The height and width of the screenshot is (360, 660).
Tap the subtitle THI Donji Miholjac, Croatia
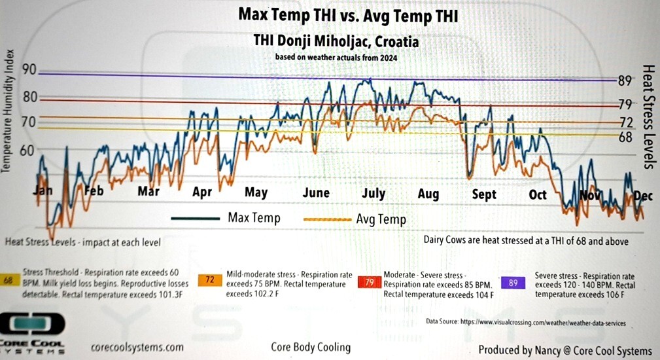click(x=336, y=41)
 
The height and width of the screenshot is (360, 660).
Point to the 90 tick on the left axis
click(x=29, y=71)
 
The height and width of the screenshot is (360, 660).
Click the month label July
click(x=373, y=194)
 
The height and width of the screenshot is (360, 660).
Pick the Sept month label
click(x=484, y=194)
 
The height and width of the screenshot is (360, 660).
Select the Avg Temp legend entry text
click(x=381, y=219)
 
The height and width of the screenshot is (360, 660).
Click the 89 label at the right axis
click(x=625, y=81)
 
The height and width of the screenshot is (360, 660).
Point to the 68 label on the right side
click(x=625, y=137)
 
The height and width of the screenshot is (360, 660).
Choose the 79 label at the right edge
click(x=625, y=104)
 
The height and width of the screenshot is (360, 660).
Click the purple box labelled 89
click(x=513, y=283)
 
